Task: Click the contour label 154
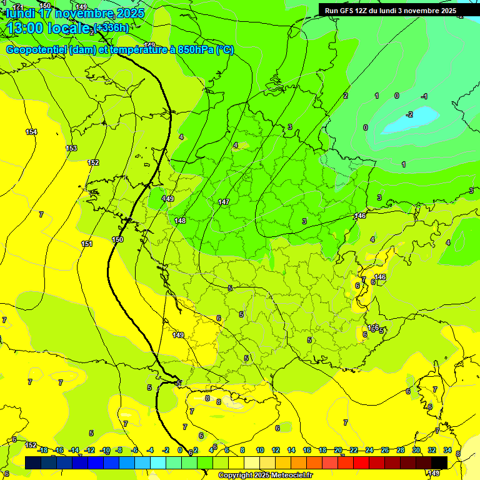tap(31, 132)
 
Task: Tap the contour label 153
tap(71, 148)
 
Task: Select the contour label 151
tap(87, 244)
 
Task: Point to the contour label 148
tap(180, 221)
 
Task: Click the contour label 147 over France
tap(224, 202)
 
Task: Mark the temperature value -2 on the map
tap(409, 114)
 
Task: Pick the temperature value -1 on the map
tap(424, 96)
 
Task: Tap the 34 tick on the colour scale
tap(447, 450)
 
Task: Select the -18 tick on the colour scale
tap(42, 450)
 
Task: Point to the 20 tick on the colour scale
tap(337, 450)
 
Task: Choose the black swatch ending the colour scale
tap(439, 462)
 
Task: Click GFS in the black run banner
tap(349, 11)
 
